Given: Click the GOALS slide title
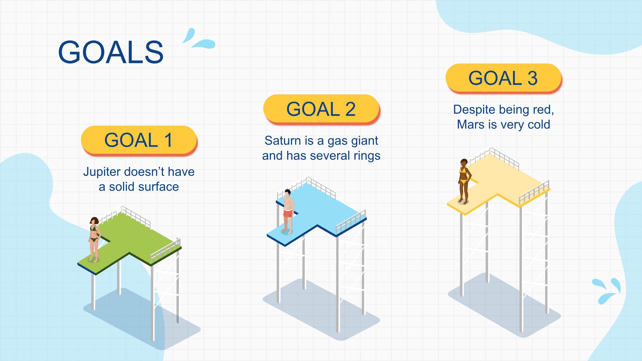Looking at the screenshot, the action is (111, 52).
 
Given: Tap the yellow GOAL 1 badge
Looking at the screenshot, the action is (139, 140).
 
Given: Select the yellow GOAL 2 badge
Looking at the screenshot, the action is (321, 109).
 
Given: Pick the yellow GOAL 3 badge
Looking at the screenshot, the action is (503, 78).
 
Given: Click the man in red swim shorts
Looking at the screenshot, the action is (288, 211).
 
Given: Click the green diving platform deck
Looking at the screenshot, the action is (131, 241).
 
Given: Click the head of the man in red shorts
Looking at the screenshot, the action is (287, 193).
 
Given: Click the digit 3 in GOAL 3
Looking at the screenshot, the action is (532, 78).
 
